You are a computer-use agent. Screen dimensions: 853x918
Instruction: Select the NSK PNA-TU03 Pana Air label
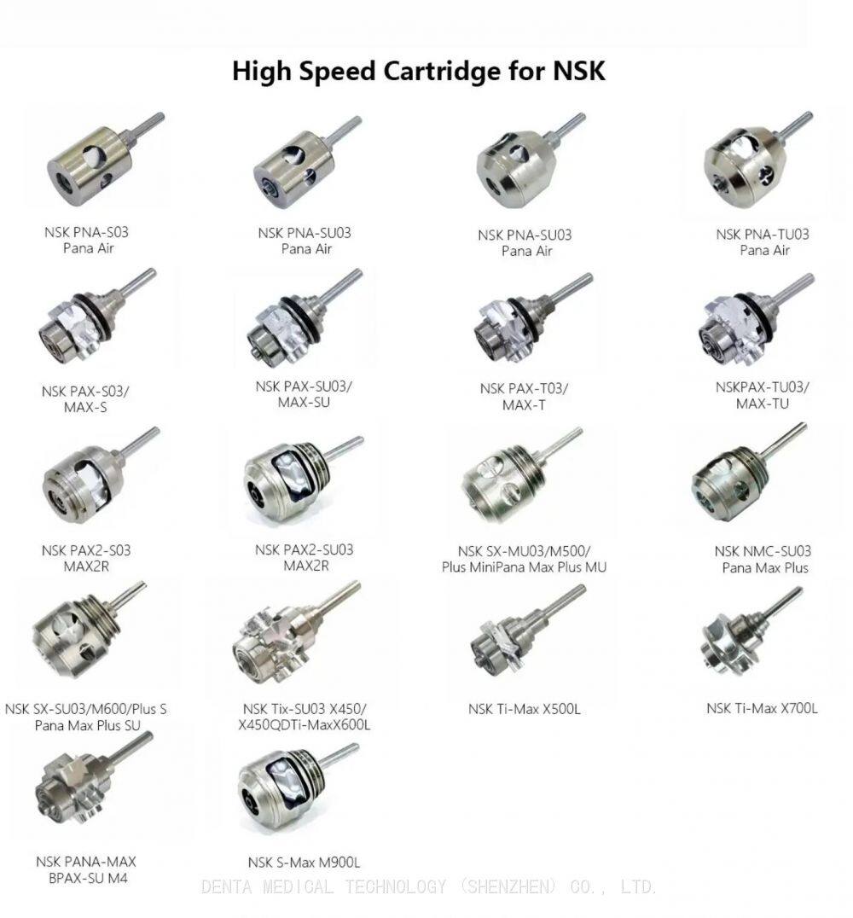[763, 241]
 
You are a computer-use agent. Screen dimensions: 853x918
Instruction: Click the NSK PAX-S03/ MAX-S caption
[85, 398]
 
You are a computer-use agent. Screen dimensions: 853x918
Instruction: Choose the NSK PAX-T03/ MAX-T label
[524, 397]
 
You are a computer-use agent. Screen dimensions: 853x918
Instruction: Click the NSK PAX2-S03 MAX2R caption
[86, 558]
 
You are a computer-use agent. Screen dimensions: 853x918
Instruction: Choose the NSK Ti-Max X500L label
[524, 708]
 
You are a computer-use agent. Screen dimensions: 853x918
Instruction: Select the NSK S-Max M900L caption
[304, 863]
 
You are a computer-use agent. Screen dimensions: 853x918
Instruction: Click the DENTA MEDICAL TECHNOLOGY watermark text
[428, 886]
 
